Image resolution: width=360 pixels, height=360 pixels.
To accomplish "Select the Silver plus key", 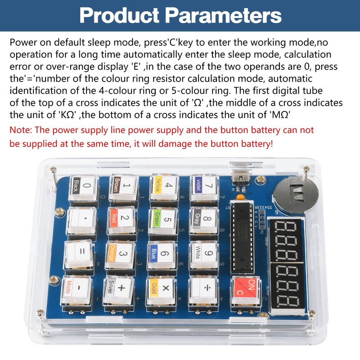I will pos(118,288).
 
